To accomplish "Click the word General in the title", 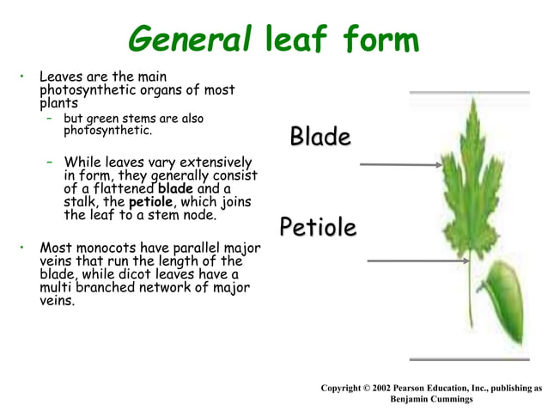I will pos(188,38).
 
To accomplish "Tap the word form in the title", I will pos(376,38).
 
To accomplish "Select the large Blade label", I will pos(320,137).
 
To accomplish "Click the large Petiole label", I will pos(318,228).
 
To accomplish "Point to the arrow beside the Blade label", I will pos(399,163).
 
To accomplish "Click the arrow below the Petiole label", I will pos(405,260).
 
